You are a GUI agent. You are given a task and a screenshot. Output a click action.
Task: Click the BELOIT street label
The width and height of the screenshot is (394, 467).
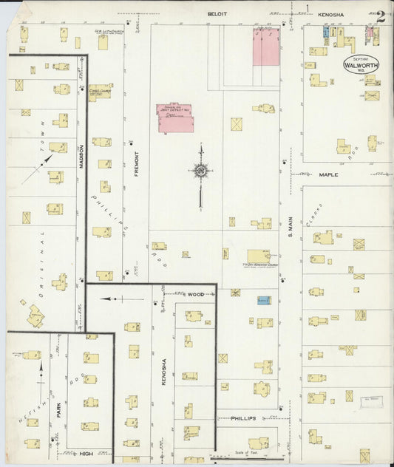point(216,13)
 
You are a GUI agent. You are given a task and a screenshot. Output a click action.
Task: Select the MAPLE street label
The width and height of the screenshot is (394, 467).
point(327,175)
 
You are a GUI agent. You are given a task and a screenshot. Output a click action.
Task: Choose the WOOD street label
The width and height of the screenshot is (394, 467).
point(195,294)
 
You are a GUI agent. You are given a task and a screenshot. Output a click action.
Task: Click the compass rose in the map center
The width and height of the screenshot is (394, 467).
point(200,171)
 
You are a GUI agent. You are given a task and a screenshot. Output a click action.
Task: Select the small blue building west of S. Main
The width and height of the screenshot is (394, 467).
point(264,301)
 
